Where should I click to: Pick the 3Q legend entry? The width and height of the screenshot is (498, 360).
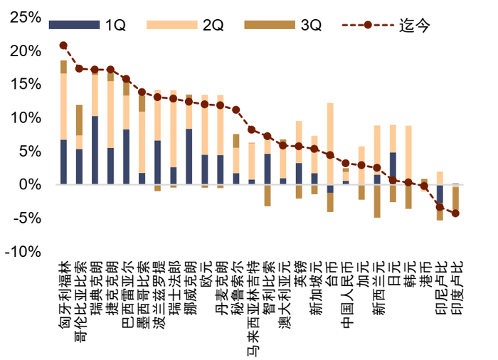285,26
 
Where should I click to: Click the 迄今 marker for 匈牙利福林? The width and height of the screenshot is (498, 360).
63,46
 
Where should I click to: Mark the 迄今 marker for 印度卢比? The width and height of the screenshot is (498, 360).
455,213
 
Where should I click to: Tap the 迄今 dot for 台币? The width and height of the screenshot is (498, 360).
330,155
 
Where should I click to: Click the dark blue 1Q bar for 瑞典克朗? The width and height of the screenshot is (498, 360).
95,149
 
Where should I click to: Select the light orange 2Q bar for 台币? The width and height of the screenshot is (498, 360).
330,142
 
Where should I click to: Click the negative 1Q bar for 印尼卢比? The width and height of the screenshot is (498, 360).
440,196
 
